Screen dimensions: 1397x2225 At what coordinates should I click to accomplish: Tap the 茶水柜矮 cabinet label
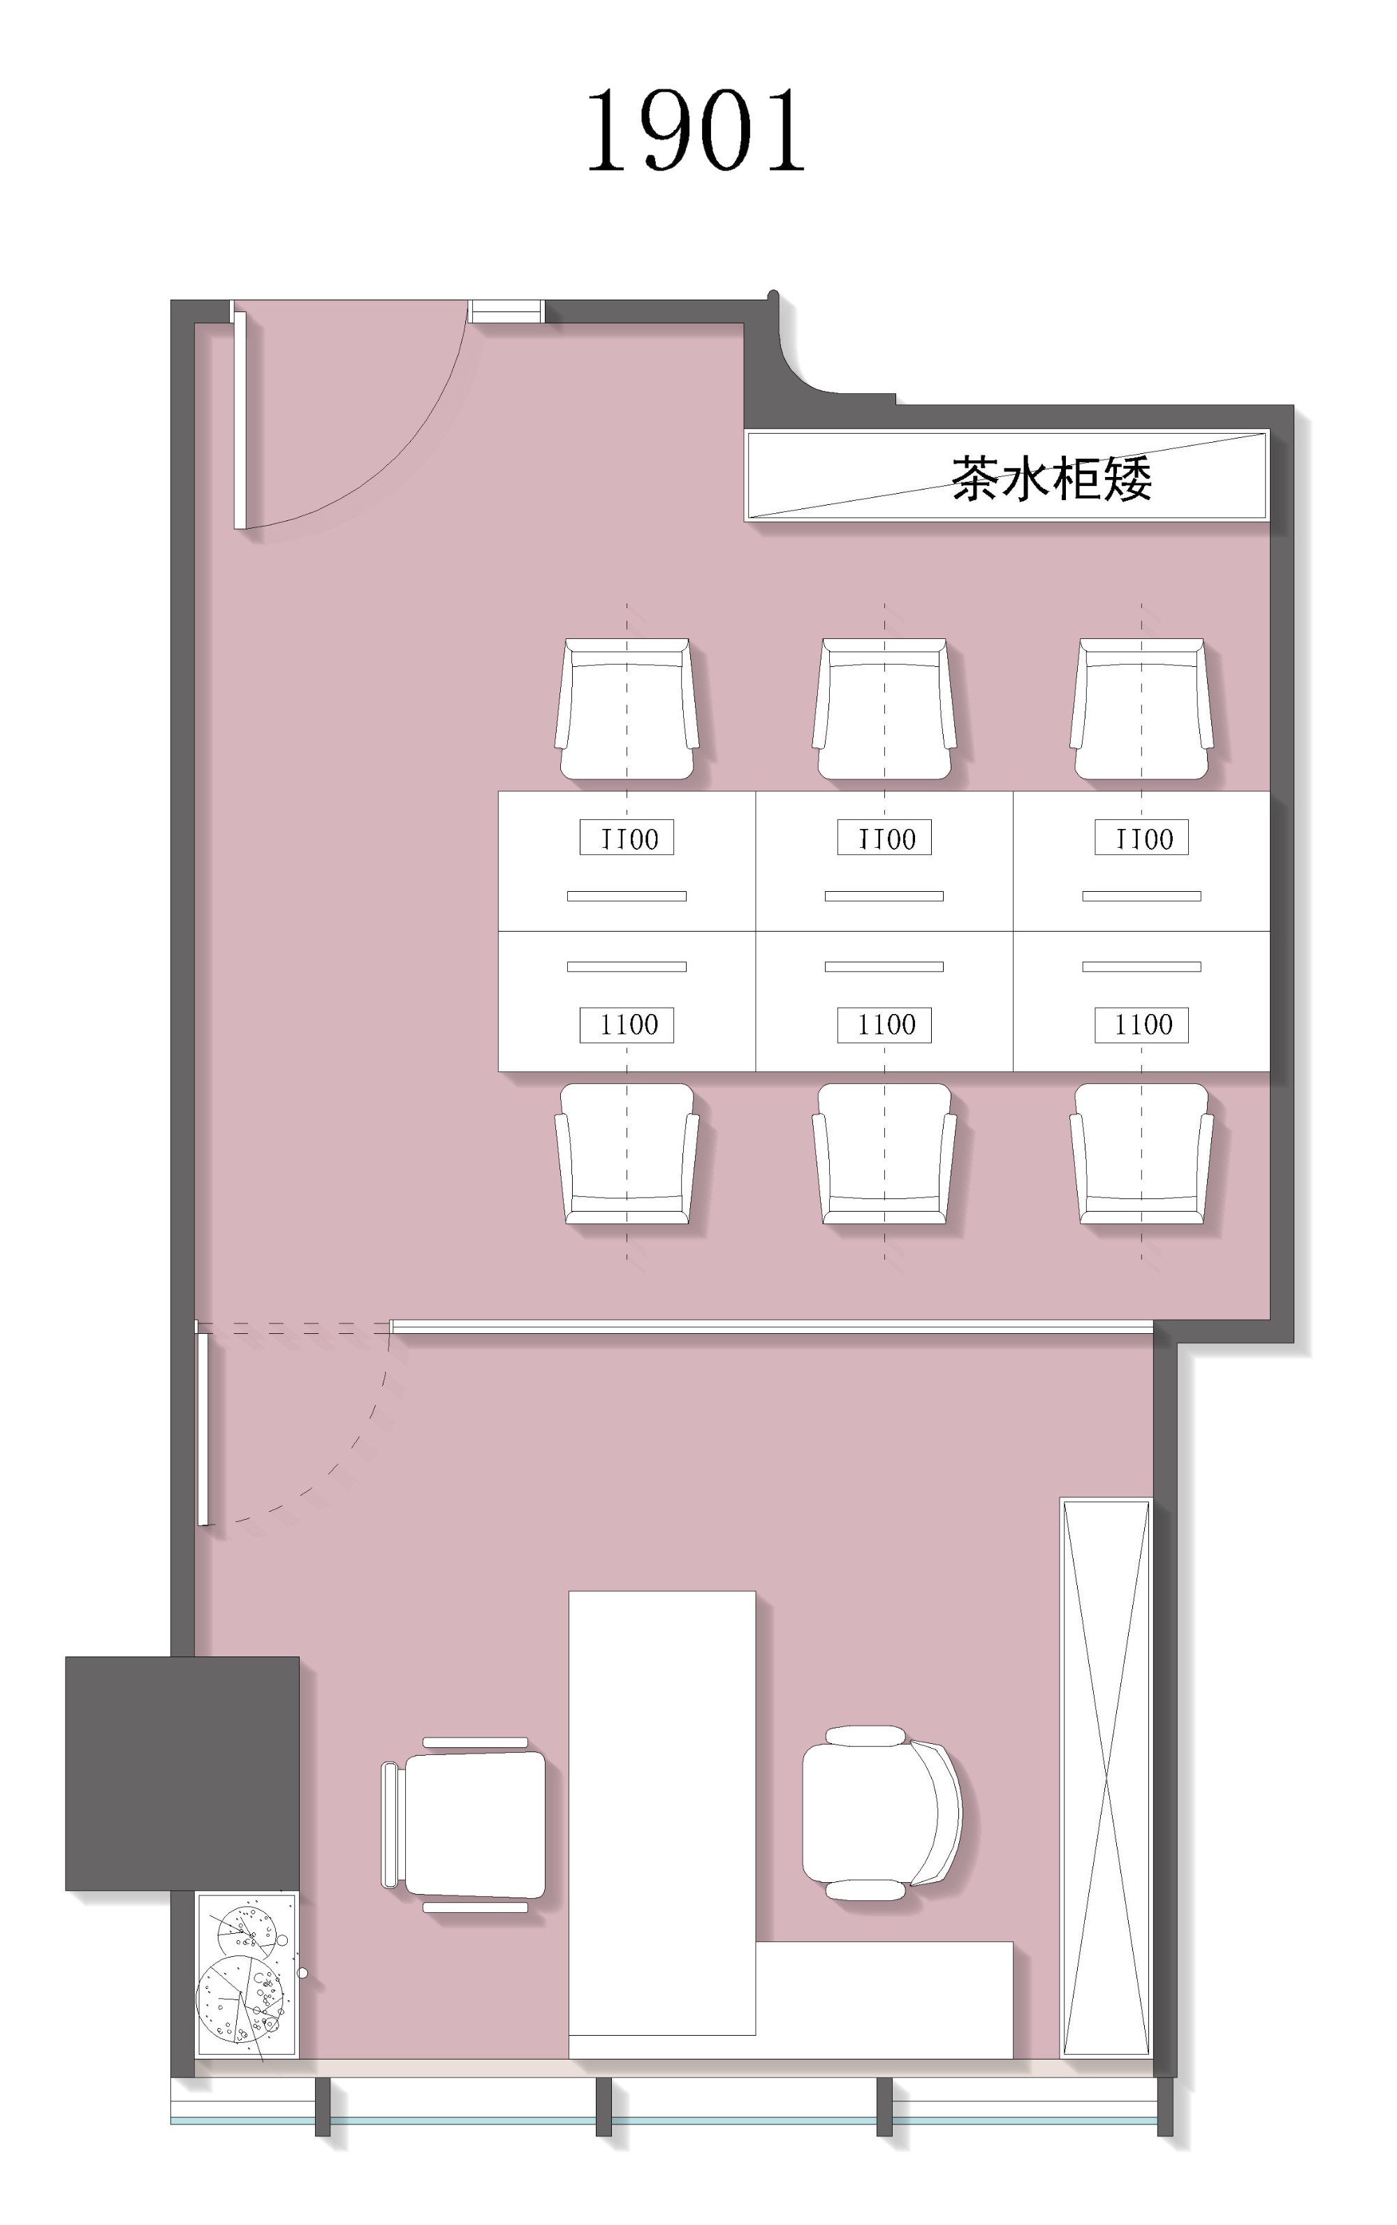click(x=1051, y=478)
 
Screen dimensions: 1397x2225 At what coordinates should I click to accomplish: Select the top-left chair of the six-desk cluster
click(x=627, y=708)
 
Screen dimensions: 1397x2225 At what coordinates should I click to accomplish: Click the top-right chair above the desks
click(x=1141, y=708)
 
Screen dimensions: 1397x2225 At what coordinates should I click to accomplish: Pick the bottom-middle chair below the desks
click(x=884, y=1154)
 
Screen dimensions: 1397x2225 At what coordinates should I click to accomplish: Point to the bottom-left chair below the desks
click(x=627, y=1154)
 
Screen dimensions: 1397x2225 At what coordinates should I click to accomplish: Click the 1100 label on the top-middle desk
click(x=884, y=838)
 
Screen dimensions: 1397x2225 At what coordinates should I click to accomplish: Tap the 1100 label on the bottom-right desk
click(x=1141, y=1025)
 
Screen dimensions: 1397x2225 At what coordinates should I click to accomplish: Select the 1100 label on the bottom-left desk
click(x=627, y=1025)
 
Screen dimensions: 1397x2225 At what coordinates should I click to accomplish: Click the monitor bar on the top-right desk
click(x=1141, y=896)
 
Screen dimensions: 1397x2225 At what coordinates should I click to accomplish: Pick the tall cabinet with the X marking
click(x=1106, y=1778)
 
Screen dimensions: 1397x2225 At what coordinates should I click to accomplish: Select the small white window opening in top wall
click(x=506, y=311)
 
